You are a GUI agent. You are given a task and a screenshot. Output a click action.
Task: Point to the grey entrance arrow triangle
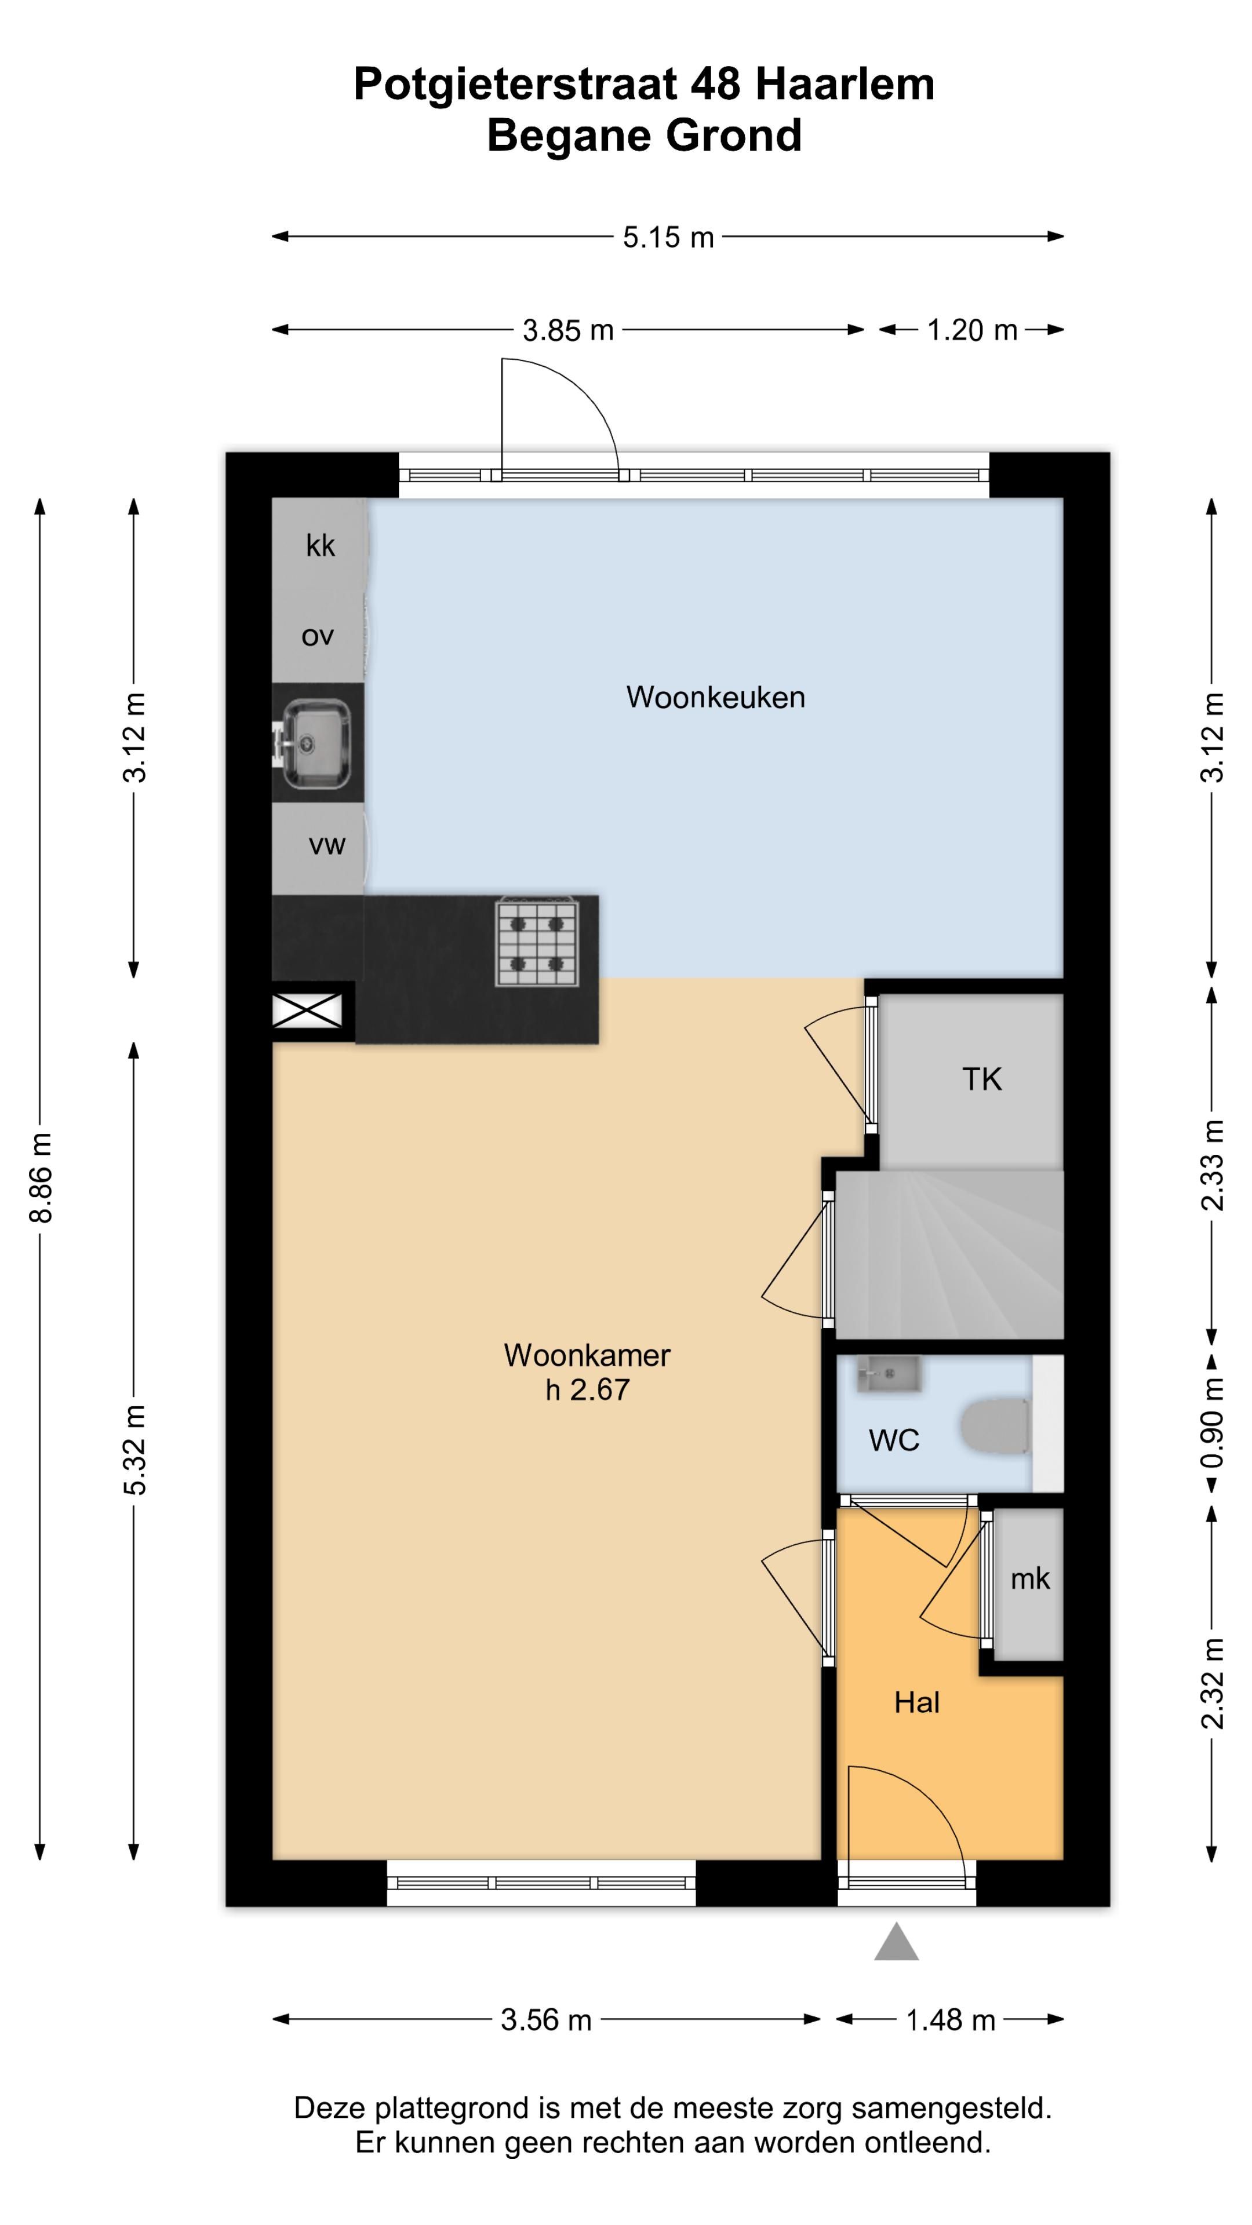(x=896, y=1941)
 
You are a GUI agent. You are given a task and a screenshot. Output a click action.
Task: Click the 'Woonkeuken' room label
(x=715, y=697)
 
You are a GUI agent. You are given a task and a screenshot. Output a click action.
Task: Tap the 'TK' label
(x=981, y=1079)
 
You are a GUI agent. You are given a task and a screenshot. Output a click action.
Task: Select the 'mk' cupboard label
(x=1030, y=1579)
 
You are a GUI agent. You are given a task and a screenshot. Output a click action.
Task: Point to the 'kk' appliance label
(x=321, y=545)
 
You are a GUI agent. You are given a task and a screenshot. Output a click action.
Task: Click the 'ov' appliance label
(x=317, y=637)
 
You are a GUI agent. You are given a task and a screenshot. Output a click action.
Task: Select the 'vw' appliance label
(x=326, y=845)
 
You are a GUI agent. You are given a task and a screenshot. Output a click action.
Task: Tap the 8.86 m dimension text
(x=41, y=1176)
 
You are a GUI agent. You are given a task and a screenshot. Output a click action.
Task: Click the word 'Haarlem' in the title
(x=844, y=85)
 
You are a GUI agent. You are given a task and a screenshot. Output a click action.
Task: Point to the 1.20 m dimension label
(x=972, y=330)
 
